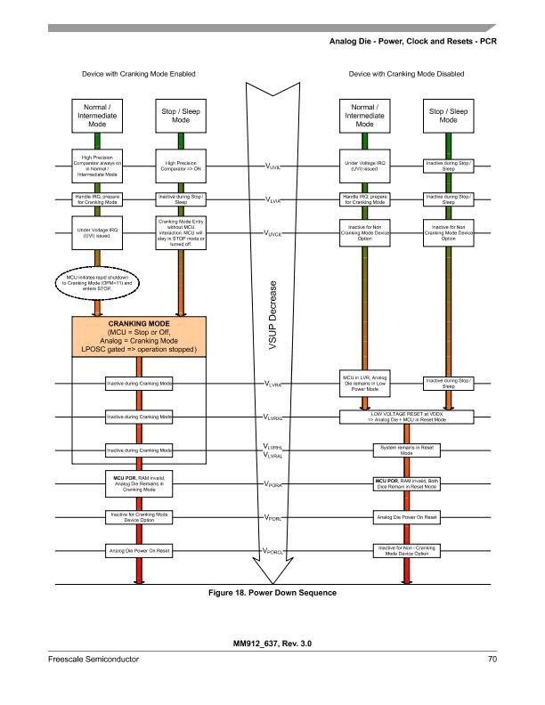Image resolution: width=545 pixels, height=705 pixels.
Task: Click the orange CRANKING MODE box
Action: point(139,339)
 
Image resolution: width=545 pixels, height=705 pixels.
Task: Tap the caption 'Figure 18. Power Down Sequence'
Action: point(272,593)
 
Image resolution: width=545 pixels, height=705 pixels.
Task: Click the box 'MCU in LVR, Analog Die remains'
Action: point(364,384)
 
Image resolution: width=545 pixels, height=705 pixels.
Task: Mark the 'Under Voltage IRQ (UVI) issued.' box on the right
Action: point(364,166)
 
